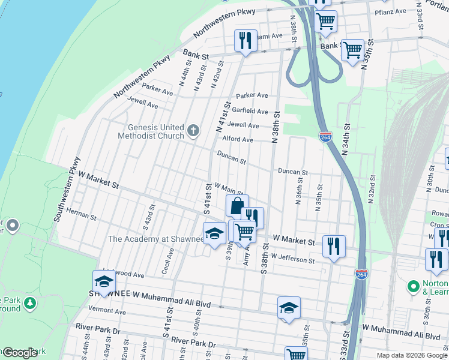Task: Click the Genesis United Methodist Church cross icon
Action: (193, 130)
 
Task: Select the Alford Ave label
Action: (238, 139)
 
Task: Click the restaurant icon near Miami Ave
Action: (246, 41)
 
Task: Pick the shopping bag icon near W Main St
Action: (237, 206)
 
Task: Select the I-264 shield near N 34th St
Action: (325, 137)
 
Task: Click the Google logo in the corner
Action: (19, 353)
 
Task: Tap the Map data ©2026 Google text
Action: (412, 355)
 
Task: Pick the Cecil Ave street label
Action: (169, 261)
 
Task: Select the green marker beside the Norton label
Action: (413, 286)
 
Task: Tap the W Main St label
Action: (228, 190)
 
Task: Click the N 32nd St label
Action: (373, 189)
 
